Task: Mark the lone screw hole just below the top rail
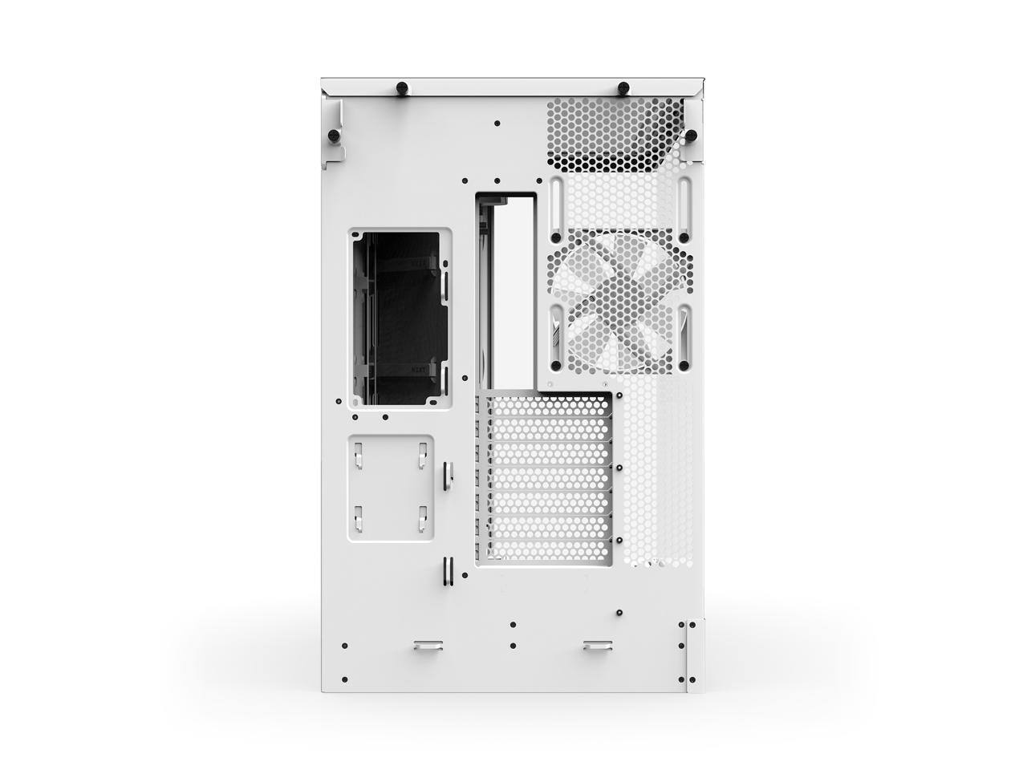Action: click(x=497, y=124)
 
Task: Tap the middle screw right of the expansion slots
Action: click(x=620, y=466)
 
